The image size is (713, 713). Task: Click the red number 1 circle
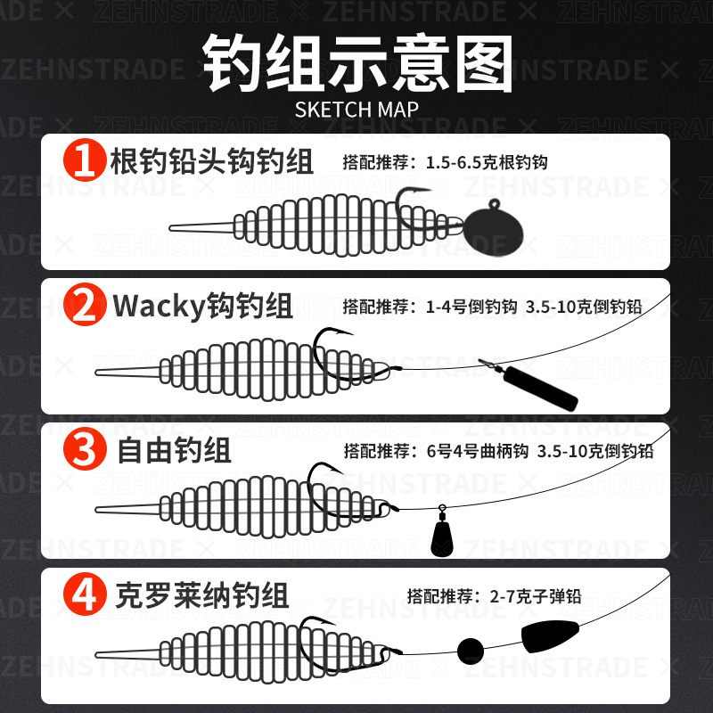85,160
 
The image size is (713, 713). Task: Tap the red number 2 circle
85,304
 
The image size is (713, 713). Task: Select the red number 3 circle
85,448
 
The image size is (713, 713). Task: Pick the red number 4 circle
85,594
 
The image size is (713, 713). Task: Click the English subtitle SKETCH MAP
356,110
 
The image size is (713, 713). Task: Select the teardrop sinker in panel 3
441,534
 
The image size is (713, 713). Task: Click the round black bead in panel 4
471,651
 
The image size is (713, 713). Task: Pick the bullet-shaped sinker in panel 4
550,635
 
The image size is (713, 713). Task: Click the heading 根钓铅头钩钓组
212,161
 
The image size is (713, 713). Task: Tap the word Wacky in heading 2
160,307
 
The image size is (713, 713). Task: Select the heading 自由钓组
174,450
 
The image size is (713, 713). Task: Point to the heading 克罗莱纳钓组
202,594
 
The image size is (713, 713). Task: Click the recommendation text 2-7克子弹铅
536,596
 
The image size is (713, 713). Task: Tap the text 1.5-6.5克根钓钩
487,162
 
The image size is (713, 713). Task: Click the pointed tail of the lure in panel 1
171,228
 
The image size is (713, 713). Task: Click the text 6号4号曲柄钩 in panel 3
478,451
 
